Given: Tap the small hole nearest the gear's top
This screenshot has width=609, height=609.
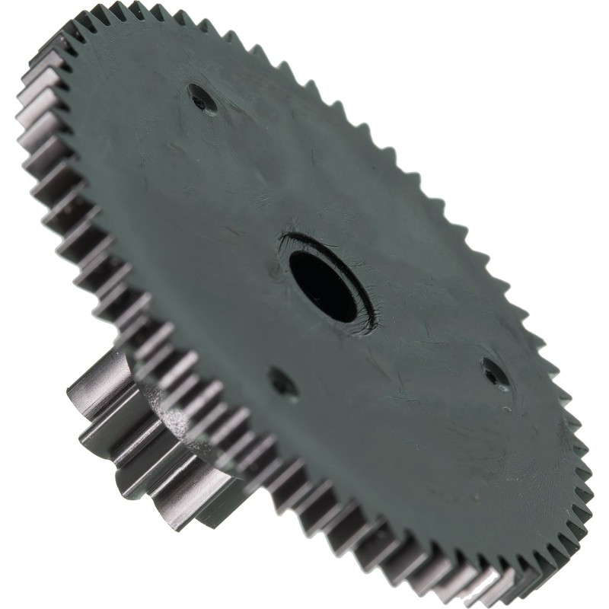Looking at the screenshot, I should tap(201, 99).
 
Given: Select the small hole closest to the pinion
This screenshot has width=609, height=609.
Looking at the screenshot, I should tap(282, 382).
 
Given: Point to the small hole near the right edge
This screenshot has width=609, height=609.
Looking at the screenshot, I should tap(496, 374).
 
